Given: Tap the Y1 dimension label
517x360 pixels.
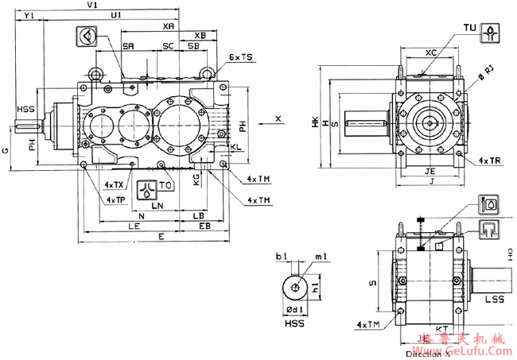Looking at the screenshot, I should (29, 15).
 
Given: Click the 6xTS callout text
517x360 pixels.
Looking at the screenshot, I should (240, 58).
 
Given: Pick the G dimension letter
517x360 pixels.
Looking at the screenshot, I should (6, 149).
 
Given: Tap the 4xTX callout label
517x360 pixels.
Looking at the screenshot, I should (115, 184).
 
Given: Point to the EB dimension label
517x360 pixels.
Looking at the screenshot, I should (204, 226).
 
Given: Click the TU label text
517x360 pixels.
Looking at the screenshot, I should (469, 29).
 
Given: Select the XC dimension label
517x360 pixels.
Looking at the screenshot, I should (430, 52).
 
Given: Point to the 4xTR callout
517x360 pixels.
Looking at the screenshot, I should (489, 160).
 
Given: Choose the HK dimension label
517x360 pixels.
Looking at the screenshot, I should (316, 124).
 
